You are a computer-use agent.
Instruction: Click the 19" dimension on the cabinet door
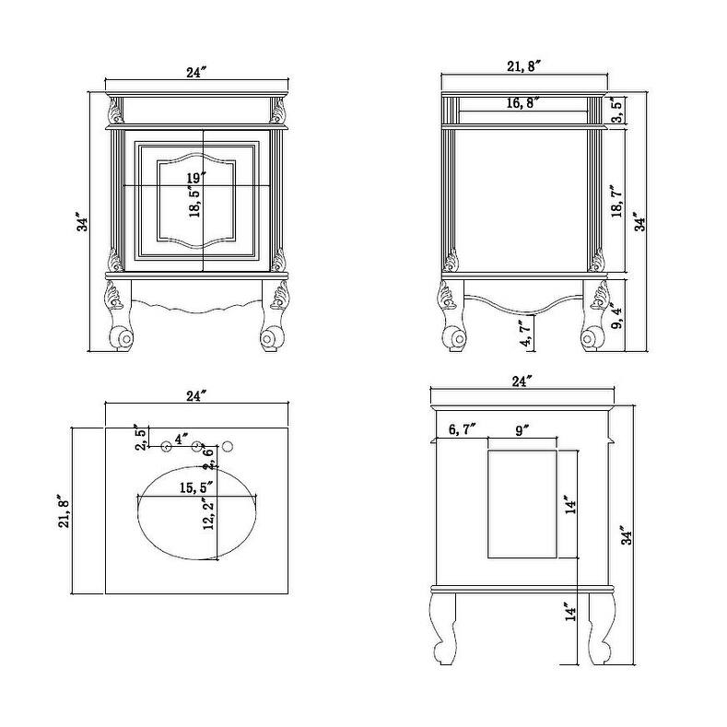196,178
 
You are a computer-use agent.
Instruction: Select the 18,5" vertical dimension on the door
194,202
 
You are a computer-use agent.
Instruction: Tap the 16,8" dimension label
522,103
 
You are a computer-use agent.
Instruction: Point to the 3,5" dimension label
616,110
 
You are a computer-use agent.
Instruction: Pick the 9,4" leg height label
617,316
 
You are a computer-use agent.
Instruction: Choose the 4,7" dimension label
526,334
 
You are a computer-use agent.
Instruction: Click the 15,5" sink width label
196,487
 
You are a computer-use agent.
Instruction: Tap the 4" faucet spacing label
182,439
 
